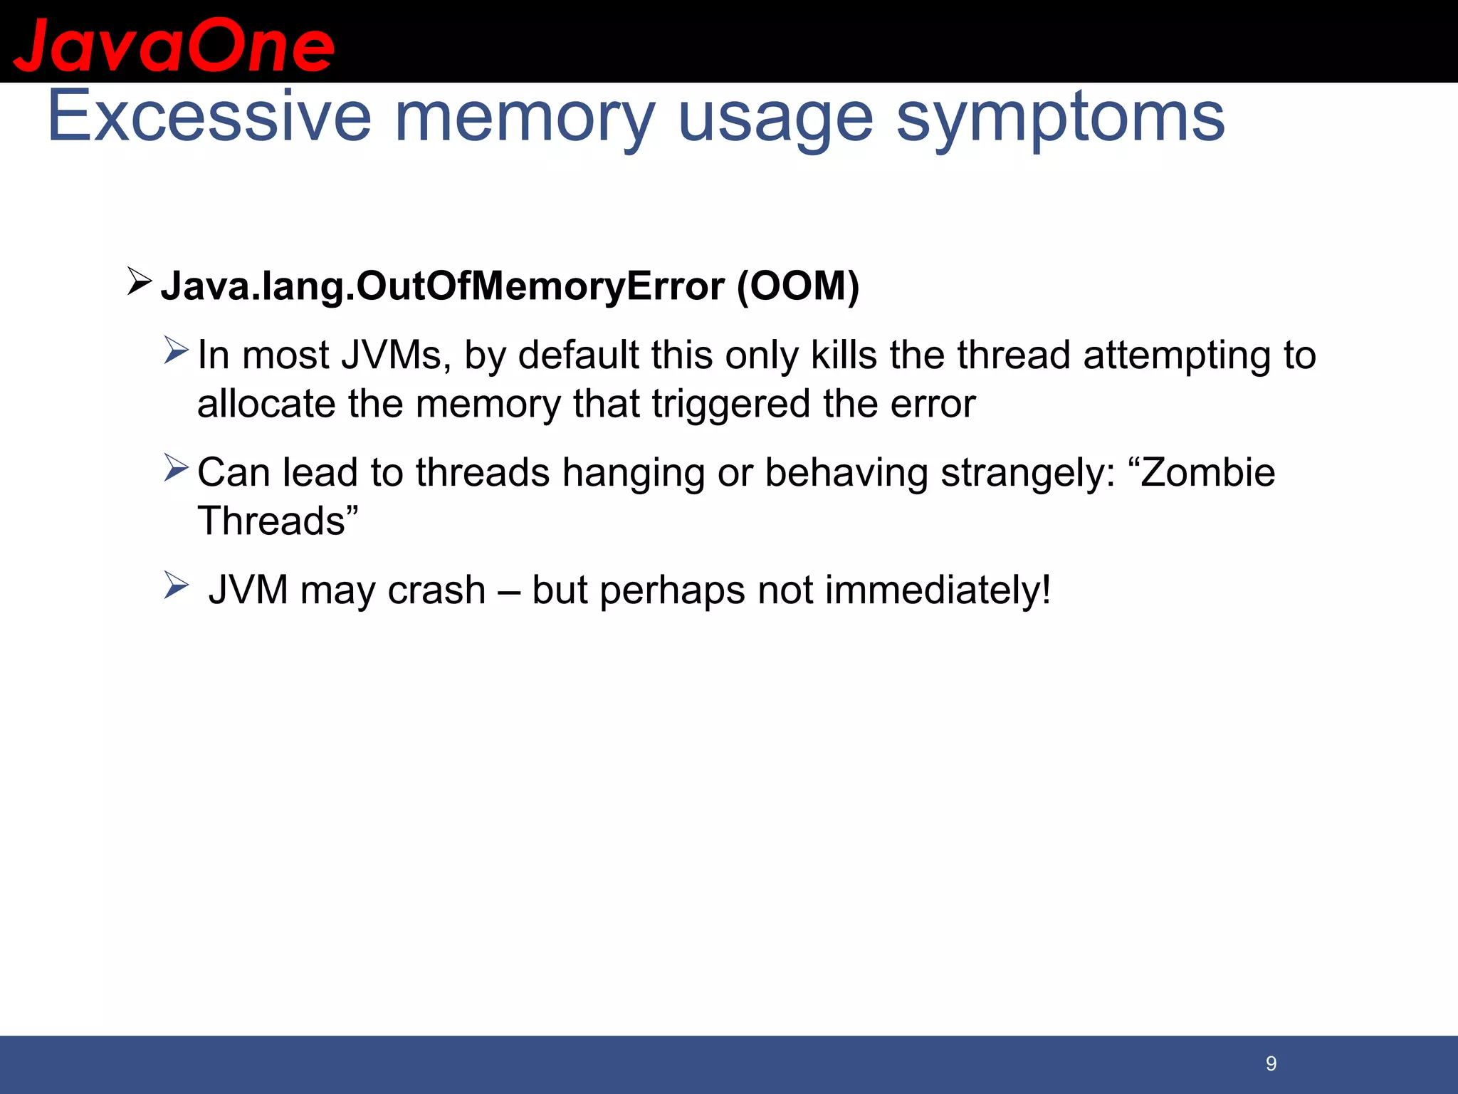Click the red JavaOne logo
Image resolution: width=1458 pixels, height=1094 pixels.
tap(174, 46)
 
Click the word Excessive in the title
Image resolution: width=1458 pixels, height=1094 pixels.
tap(209, 116)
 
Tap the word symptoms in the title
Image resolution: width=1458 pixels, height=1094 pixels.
tap(1060, 118)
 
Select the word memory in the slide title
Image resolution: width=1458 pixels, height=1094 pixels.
tap(524, 118)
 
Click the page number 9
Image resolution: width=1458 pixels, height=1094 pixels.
tap(1271, 1064)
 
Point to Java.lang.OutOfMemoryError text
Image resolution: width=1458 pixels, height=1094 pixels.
tap(441, 286)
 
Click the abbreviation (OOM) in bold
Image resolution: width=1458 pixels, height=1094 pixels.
tap(798, 286)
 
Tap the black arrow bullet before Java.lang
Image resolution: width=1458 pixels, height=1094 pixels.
tap(139, 281)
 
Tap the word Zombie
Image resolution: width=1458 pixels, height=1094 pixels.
tap(1207, 472)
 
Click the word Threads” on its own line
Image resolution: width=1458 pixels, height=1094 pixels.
tap(278, 521)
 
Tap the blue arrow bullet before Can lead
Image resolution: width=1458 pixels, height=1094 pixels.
tap(175, 467)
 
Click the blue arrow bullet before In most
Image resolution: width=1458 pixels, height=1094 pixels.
tap(175, 350)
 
